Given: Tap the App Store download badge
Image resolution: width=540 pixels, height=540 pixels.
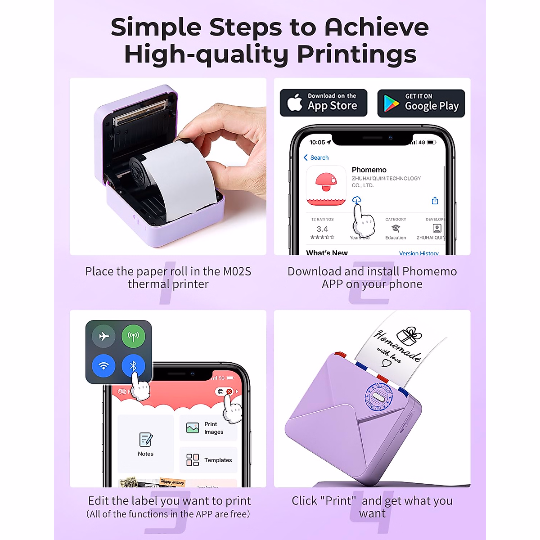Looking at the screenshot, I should pyautogui.click(x=324, y=103).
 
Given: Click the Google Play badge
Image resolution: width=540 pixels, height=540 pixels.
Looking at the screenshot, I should pyautogui.click(x=421, y=103).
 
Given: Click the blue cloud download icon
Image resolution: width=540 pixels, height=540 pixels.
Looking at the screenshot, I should pyautogui.click(x=356, y=199).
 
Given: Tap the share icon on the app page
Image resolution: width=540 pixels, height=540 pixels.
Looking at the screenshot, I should pyautogui.click(x=435, y=201).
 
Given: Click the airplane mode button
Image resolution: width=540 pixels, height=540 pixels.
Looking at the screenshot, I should pyautogui.click(x=104, y=336).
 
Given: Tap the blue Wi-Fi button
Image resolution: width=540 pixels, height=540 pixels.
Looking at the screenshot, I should pyautogui.click(x=104, y=366).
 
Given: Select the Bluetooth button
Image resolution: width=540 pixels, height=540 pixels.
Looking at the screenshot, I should pyautogui.click(x=133, y=366).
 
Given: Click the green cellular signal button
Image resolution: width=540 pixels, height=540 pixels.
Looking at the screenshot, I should pyautogui.click(x=133, y=336).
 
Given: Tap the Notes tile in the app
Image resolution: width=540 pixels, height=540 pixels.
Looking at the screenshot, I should pyautogui.click(x=145, y=444).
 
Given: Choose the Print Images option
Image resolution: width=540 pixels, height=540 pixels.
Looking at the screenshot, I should pyautogui.click(x=208, y=428).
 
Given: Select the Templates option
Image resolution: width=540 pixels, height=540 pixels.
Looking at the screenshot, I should pyautogui.click(x=209, y=460).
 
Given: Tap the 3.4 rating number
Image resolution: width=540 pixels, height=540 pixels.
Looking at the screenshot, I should pyautogui.click(x=322, y=229).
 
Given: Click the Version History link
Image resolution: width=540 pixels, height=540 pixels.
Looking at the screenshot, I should pyautogui.click(x=418, y=253).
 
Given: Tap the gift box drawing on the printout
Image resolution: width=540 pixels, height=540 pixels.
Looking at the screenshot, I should pyautogui.click(x=409, y=336).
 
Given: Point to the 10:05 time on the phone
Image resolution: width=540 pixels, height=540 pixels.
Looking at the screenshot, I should pyautogui.click(x=317, y=142).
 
